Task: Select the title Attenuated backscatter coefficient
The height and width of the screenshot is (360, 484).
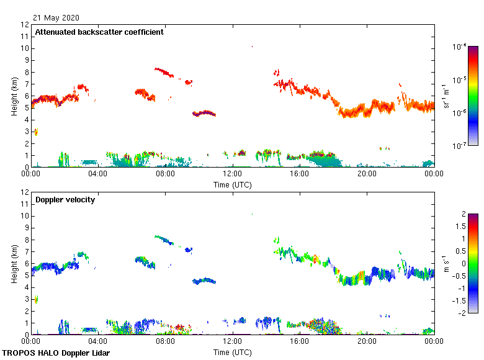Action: (x=99, y=32)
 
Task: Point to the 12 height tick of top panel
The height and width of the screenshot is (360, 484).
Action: (x=25, y=25)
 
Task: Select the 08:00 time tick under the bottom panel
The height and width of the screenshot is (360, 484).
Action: (x=165, y=342)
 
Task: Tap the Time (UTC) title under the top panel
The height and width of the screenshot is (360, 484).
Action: (x=232, y=184)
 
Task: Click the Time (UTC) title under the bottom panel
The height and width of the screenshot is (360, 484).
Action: (x=232, y=352)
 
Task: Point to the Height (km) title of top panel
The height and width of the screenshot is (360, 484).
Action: (x=14, y=96)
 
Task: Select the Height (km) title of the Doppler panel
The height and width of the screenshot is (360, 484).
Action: (x=14, y=264)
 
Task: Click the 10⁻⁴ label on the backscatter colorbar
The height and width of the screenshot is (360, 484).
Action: (x=460, y=47)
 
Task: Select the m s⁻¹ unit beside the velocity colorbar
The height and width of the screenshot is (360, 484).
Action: (x=447, y=264)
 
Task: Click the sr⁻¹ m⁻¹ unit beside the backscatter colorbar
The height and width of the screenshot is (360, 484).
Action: (x=447, y=96)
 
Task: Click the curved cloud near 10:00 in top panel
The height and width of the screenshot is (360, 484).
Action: (x=204, y=114)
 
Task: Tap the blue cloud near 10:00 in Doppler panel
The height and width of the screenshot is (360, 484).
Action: (x=204, y=281)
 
